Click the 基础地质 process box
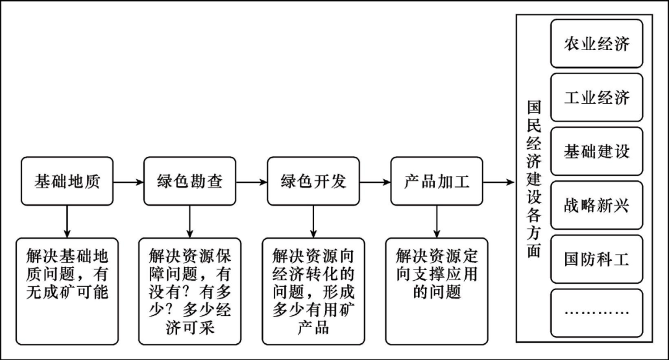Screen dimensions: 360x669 click(67, 182)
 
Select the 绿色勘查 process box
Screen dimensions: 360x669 click(190, 182)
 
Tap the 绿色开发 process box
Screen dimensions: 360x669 click(313, 182)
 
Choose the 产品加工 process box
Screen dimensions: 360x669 click(437, 182)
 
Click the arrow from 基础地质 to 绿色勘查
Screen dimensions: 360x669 click(128, 182)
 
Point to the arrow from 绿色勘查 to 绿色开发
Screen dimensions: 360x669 click(251, 182)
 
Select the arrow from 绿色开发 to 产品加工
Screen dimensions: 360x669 click(375, 182)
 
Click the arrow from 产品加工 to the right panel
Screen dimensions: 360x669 click(498, 182)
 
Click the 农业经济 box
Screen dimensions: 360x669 click(597, 43)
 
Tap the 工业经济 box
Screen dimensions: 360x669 click(597, 97)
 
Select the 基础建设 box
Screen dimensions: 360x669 click(597, 151)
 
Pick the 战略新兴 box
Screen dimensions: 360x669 click(597, 205)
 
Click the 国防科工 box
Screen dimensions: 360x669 click(597, 259)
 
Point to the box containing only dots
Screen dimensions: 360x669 click(597, 312)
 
